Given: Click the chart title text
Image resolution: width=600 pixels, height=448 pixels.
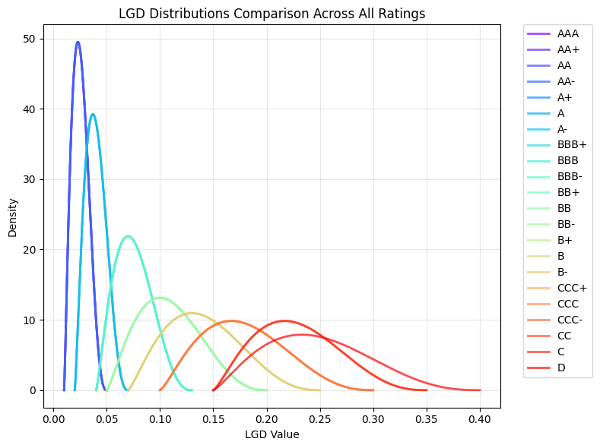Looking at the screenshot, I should [x=272, y=13].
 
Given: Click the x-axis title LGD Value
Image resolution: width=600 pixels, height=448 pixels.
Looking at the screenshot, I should [x=272, y=435].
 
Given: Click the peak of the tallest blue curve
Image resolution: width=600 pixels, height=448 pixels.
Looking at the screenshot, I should [x=78, y=42].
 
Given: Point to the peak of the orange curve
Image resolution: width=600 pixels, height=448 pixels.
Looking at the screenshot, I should [x=231, y=320].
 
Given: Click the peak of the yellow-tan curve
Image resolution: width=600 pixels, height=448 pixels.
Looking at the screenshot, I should [x=192, y=313].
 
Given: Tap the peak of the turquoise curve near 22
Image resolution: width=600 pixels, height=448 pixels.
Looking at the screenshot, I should [x=128, y=236].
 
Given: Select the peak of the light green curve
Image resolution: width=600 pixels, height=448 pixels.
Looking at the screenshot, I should [x=159, y=297].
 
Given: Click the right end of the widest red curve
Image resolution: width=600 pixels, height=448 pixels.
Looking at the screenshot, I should [x=480, y=390].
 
